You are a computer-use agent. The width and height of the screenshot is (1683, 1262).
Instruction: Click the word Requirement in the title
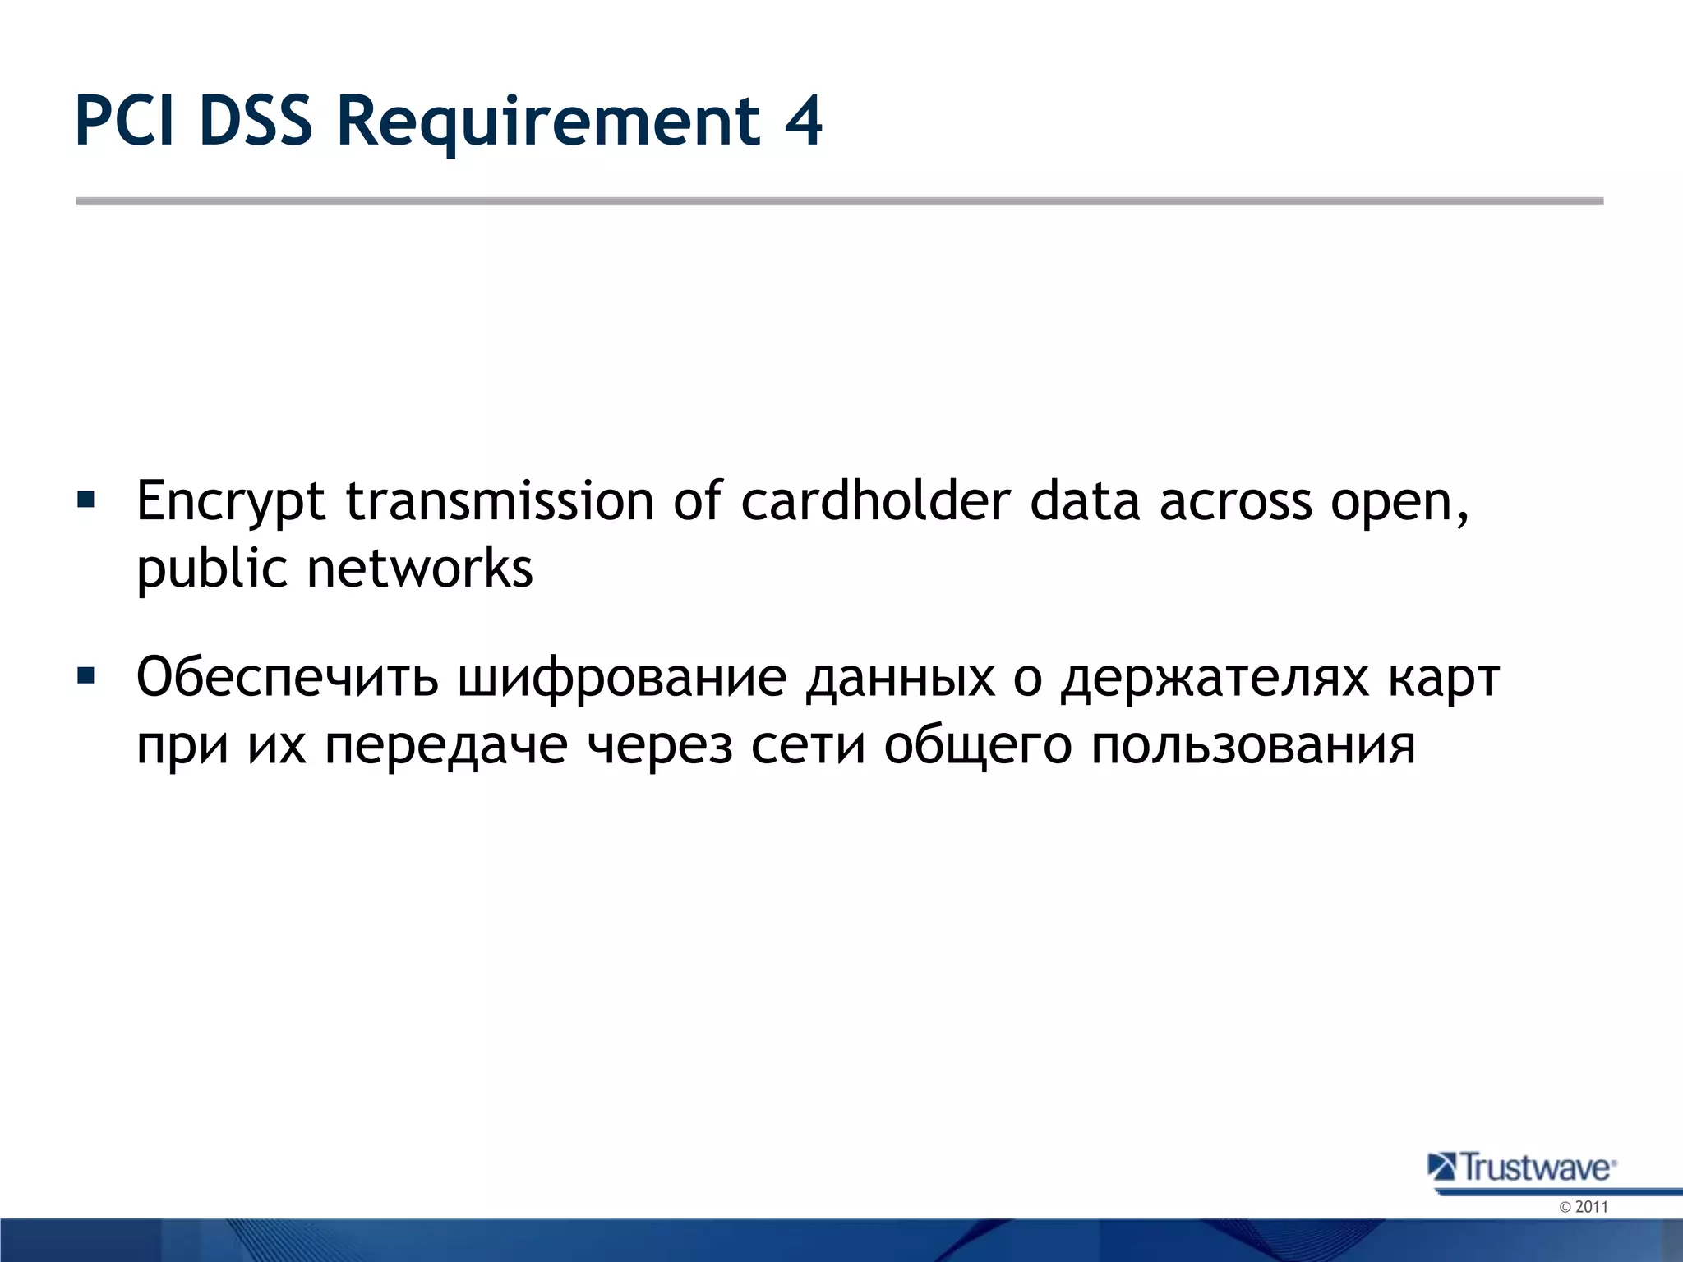click(x=548, y=122)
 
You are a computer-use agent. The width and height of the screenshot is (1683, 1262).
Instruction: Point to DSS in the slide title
click(x=256, y=122)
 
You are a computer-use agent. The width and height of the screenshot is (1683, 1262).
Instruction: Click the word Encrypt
click(x=231, y=501)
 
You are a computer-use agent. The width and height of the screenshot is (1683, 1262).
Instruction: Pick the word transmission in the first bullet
click(x=500, y=501)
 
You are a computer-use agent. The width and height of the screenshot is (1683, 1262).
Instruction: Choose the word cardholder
click(x=875, y=501)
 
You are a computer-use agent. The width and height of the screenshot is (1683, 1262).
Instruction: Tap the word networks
click(x=419, y=569)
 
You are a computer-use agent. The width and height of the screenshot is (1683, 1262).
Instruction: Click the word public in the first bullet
click(x=212, y=569)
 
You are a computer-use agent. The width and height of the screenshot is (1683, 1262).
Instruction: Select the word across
click(x=1235, y=501)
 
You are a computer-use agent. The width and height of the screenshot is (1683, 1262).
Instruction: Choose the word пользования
click(x=1254, y=746)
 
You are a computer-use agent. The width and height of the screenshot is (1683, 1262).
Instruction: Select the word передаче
click(x=446, y=746)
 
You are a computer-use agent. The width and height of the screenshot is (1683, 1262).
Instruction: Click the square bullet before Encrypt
click(x=85, y=500)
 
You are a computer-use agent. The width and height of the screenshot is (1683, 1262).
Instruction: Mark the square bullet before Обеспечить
click(x=85, y=676)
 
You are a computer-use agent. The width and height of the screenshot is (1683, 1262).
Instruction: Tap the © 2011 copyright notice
click(x=1584, y=1207)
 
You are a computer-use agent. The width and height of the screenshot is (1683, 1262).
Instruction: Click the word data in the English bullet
click(x=1085, y=501)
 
